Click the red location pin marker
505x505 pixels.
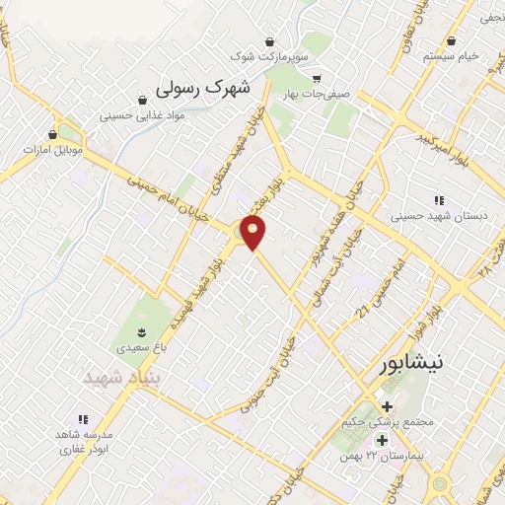click(253, 232)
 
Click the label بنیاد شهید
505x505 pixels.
click(120, 378)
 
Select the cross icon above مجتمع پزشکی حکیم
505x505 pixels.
click(386, 405)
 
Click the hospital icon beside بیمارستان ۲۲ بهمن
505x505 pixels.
click(380, 439)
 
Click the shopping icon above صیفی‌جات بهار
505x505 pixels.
click(316, 78)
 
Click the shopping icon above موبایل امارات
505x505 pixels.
click(52, 133)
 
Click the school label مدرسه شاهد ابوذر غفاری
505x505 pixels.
click(83, 441)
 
